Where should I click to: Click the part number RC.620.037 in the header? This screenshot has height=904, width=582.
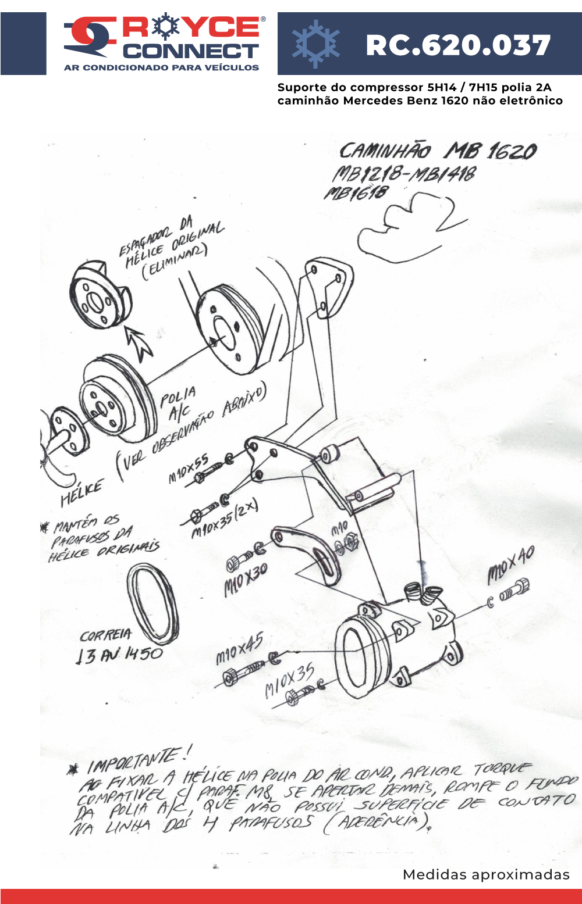coord(458,45)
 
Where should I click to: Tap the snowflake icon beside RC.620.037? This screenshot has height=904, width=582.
coord(315,44)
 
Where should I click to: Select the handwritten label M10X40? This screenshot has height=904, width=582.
coord(510,565)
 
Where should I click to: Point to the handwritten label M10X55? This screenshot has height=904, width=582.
coord(188,469)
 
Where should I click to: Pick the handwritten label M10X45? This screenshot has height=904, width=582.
coord(239,648)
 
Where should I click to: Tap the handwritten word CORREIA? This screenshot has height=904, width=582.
coord(106,635)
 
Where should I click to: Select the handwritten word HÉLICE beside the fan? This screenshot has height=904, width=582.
coord(82,492)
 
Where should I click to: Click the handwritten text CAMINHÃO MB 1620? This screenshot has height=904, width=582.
coord(438,151)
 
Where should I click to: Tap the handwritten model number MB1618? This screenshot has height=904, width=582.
coord(356,193)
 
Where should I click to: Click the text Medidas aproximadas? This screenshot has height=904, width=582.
coord(486,874)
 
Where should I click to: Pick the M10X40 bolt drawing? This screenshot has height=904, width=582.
coord(514,589)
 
